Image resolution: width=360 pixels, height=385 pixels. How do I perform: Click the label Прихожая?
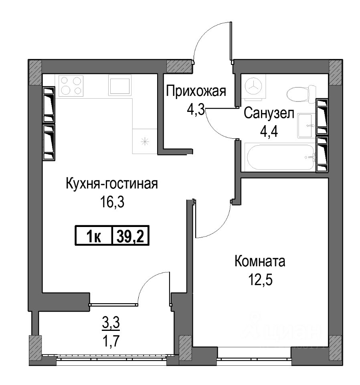click(x=196, y=91)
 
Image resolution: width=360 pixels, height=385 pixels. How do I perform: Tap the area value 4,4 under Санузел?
click(x=269, y=132)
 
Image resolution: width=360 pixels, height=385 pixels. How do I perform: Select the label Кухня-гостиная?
click(x=112, y=184)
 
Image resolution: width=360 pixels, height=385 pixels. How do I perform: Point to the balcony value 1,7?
click(x=111, y=341)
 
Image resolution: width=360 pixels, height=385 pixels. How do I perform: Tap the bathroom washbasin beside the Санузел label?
click(x=305, y=126)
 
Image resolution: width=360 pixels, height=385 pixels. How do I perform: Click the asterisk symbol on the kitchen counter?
click(x=145, y=142)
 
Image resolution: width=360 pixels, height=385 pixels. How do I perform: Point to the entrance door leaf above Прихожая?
click(x=231, y=41)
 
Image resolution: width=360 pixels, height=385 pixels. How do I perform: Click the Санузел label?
click(x=269, y=113)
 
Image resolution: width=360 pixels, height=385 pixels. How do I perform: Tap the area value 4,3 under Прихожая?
click(x=196, y=110)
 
